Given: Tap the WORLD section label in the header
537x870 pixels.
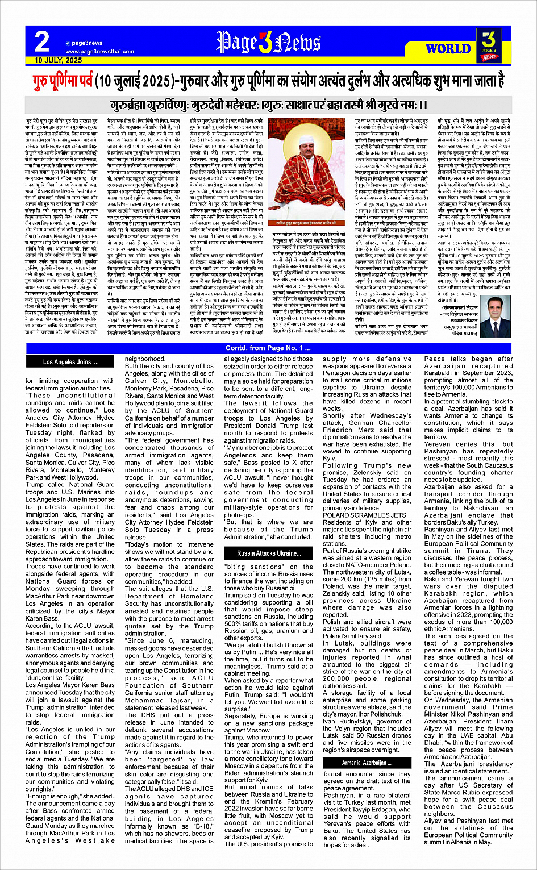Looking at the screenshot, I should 448,48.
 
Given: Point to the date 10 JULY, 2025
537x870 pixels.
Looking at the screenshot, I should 58,60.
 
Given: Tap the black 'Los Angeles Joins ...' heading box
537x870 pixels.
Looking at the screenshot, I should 70,362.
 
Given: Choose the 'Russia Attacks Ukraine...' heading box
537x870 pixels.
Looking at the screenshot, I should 269,553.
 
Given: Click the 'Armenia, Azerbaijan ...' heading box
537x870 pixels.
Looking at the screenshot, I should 364,763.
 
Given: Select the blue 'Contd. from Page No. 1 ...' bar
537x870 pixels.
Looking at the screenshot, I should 268,348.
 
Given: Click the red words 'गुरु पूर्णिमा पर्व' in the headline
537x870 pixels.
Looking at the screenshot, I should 63,79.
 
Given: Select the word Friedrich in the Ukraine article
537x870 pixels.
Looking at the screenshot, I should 339,430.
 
